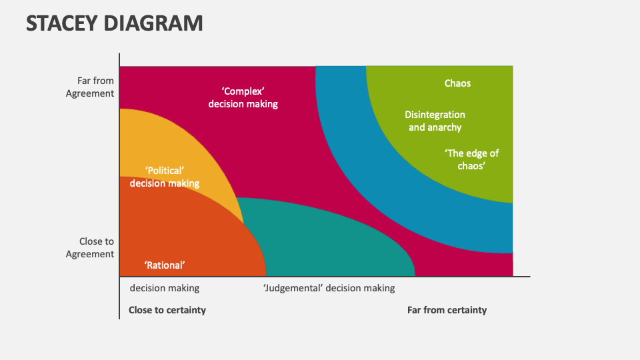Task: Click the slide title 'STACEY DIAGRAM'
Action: (x=114, y=23)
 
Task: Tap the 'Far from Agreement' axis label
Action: (x=90, y=87)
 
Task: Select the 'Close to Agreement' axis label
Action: (x=90, y=248)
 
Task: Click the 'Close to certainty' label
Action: (x=167, y=310)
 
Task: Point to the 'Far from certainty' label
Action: (x=447, y=310)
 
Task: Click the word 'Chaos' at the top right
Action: (x=457, y=83)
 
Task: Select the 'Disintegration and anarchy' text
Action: (x=435, y=121)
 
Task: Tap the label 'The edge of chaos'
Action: (x=471, y=160)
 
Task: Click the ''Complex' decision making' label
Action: (x=243, y=97)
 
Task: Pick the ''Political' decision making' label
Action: (x=165, y=177)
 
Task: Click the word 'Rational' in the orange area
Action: (x=165, y=265)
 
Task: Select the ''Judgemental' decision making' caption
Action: (x=329, y=288)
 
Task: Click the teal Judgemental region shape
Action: (x=333, y=247)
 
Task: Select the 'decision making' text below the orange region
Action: (x=164, y=288)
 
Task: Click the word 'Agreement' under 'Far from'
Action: (x=90, y=94)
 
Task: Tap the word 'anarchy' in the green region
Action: (x=445, y=127)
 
